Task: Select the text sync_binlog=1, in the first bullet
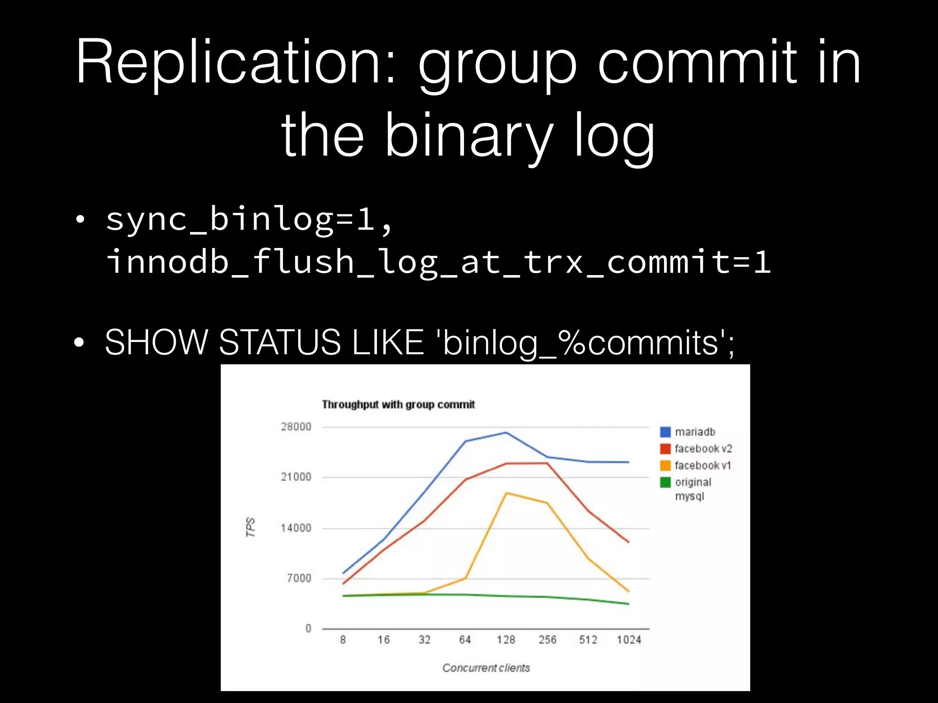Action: (x=250, y=220)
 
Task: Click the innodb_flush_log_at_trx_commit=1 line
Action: (x=438, y=262)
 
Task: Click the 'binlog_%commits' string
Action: (x=584, y=343)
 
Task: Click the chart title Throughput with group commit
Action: (x=398, y=405)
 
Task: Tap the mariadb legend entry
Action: (x=694, y=432)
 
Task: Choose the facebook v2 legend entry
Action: (x=703, y=449)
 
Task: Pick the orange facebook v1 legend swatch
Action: (x=665, y=465)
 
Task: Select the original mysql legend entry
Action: (x=693, y=488)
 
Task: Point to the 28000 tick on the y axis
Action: (x=296, y=427)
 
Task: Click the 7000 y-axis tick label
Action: (x=299, y=579)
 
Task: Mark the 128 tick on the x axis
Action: (x=506, y=640)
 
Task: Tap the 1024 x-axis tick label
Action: (x=628, y=640)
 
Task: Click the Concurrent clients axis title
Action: (x=486, y=668)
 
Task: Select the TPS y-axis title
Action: (x=251, y=527)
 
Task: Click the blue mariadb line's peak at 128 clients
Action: (x=506, y=433)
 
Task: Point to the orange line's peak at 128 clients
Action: (x=506, y=493)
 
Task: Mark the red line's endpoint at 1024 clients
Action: (x=628, y=542)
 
